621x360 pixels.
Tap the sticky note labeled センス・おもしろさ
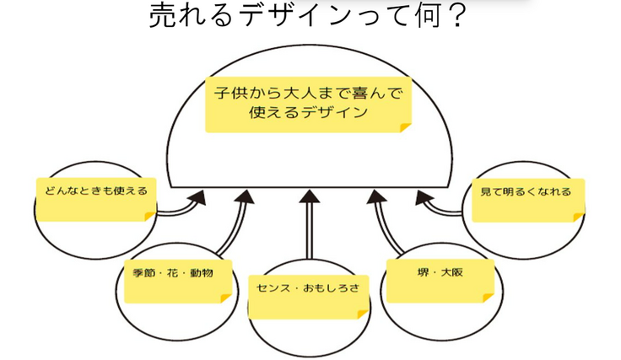(x=308, y=294)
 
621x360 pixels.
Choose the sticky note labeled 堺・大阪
(x=440, y=278)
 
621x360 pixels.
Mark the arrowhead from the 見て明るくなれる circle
(x=422, y=199)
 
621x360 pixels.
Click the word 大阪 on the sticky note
(x=452, y=272)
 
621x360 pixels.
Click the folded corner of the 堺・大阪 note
(x=488, y=296)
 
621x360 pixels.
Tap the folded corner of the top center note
(x=405, y=126)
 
